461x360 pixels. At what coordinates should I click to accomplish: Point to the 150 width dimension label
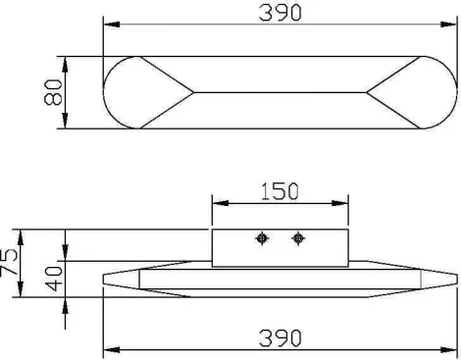(x=280, y=192)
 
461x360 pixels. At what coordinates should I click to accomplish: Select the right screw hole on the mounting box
(x=298, y=238)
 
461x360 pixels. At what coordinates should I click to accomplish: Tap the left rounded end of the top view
(x=123, y=92)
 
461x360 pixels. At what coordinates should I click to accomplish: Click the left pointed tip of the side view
(x=106, y=280)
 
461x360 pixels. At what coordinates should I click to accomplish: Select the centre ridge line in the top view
(x=280, y=92)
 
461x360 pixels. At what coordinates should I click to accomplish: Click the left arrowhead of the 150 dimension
(x=218, y=204)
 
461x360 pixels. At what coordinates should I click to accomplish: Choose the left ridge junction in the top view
(x=192, y=92)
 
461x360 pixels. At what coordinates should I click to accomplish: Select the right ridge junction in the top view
(x=368, y=92)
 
